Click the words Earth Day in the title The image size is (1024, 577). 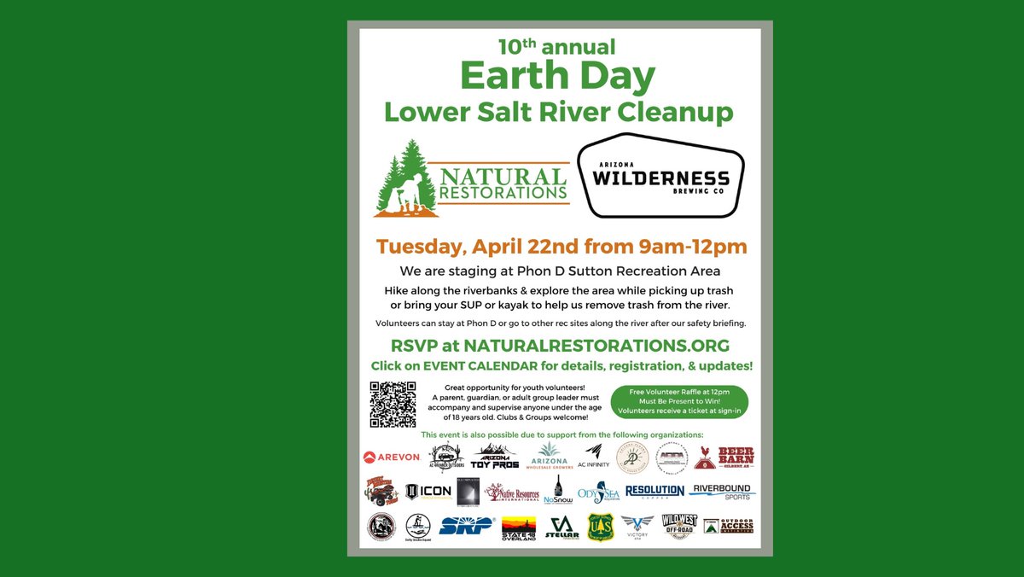558,77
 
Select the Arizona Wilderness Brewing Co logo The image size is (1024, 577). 661,175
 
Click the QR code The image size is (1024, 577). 393,405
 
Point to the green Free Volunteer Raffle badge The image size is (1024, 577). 680,401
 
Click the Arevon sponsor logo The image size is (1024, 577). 392,457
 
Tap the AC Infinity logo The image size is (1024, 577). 594,457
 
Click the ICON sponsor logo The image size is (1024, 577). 428,492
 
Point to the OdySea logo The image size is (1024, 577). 597,492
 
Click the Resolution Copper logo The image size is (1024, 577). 655,491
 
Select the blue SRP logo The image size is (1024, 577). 467,525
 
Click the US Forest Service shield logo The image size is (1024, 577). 600,526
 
